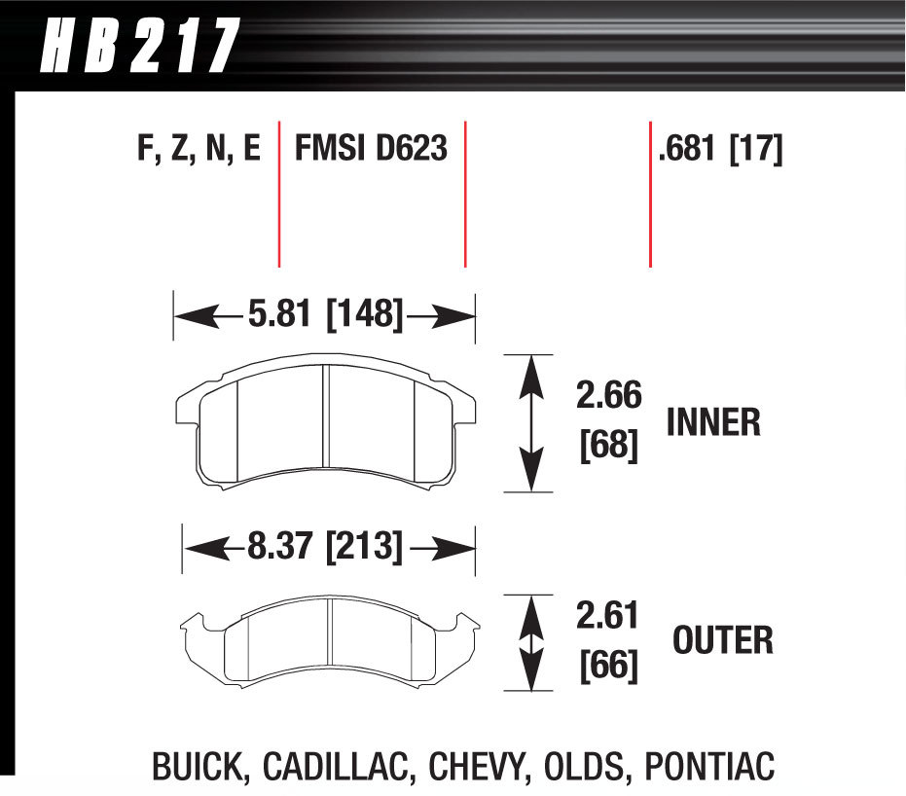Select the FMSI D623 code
tap(371, 150)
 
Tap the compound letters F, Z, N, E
tap(199, 150)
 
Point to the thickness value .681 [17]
tap(720, 150)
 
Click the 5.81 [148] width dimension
tap(324, 314)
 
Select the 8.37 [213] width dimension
tap(324, 548)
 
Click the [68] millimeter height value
tap(609, 447)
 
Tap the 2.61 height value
tap(609, 616)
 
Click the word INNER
tap(713, 422)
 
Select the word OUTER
tap(722, 640)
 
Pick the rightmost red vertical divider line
tap(649, 194)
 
